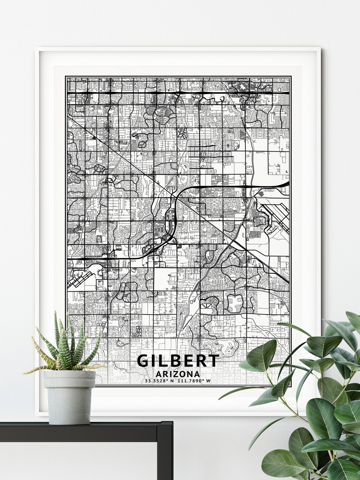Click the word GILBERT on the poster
click(x=178, y=361)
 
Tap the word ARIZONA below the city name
click(x=178, y=374)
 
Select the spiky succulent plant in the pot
click(x=68, y=344)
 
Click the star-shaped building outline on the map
click(x=242, y=86)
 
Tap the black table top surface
click(x=85, y=428)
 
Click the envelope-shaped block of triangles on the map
click(x=207, y=306)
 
